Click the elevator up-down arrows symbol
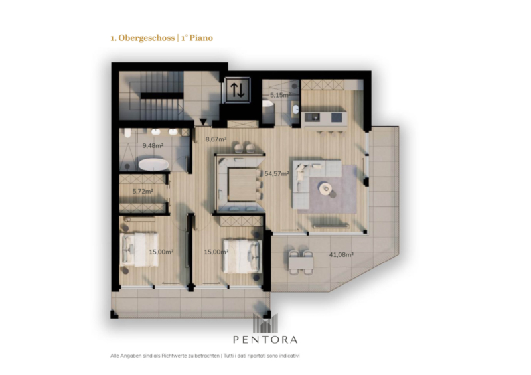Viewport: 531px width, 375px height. [238, 90]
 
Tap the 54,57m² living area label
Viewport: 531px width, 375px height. [277, 174]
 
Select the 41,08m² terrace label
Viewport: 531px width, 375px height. [341, 254]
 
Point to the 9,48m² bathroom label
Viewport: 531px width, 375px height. [153, 146]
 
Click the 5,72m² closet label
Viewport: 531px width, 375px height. [143, 191]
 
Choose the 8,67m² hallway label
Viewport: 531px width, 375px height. [216, 139]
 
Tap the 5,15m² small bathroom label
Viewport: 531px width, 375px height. [280, 95]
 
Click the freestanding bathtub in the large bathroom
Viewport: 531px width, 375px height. [153, 165]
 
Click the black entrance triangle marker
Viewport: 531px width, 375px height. [203, 121]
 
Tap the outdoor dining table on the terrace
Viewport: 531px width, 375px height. [301, 262]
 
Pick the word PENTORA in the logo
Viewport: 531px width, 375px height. [265, 339]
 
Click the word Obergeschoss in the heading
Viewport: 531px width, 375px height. [146, 38]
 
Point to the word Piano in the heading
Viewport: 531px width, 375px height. [201, 38]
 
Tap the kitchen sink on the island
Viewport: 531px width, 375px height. [312, 117]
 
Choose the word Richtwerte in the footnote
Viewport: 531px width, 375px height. [174, 356]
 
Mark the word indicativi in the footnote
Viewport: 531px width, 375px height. [289, 356]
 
